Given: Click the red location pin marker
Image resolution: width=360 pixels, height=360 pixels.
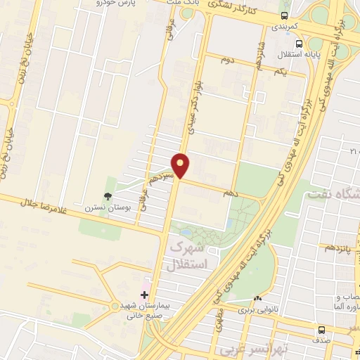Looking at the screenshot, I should pos(181,165).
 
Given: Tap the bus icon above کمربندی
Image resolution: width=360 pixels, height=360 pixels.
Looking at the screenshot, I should pos(284,15).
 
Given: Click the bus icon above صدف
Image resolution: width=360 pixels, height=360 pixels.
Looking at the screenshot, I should pos(321,330).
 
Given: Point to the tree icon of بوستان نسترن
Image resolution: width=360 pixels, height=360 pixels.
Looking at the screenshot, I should pos(108,197).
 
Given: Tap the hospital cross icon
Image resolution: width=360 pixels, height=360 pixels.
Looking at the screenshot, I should pos(145,295).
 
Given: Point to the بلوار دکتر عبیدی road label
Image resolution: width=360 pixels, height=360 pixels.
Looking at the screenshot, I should pos(189,105).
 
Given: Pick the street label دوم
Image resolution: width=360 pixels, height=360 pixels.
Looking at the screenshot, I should pos(228,60).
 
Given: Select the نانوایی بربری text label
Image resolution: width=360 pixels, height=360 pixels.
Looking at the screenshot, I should pos(257,309).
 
